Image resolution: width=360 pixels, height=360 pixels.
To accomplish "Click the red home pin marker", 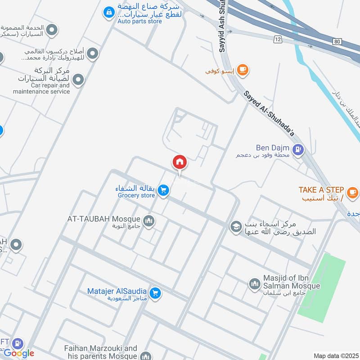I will coord(180,162).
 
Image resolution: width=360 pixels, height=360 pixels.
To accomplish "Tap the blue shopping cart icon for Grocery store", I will coord(163,191).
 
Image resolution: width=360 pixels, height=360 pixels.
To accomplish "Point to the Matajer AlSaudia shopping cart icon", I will coord(155,293).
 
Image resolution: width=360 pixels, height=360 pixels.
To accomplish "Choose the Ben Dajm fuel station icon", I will coord(297,149).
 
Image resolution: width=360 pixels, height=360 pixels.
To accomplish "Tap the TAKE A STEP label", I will coord(321,189).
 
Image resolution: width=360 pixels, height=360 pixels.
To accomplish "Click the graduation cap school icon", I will coord(235,226).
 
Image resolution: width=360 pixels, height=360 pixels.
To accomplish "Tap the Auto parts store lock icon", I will coord(108,13).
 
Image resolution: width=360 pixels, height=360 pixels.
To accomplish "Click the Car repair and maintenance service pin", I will coord(78,80).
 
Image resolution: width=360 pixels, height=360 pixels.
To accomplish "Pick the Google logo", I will coord(19,353).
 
